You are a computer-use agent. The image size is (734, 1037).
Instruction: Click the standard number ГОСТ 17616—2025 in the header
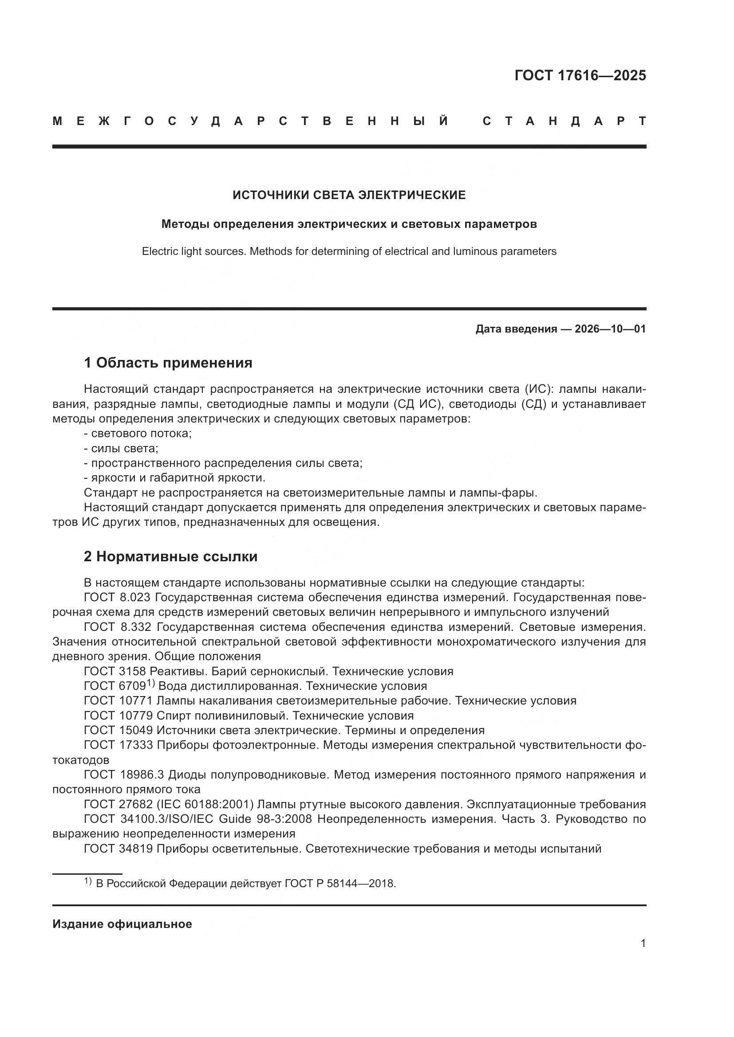click(580, 75)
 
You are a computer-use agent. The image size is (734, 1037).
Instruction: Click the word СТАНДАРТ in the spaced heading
click(564, 121)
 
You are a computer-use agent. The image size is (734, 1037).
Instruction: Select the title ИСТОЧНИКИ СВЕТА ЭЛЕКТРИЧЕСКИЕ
click(349, 195)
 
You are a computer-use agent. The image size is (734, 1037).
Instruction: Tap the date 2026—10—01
click(610, 329)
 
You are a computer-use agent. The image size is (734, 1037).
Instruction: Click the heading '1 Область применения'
click(168, 363)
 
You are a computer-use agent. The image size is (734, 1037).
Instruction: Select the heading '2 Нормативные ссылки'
click(170, 556)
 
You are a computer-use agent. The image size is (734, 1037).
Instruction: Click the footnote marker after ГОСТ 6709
click(150, 683)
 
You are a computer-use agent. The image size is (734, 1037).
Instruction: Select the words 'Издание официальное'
click(122, 924)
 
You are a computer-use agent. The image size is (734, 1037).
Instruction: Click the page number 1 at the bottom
click(643, 943)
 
